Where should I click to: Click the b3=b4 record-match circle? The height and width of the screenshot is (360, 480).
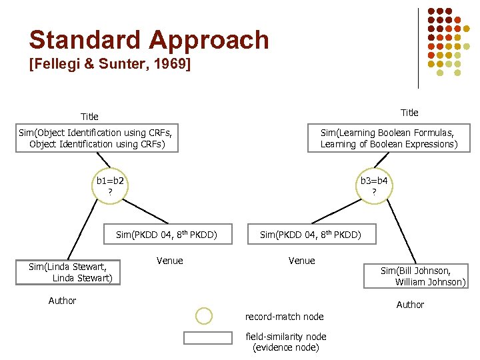click(x=374, y=186)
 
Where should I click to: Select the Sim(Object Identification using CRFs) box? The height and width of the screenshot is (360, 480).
click(x=97, y=139)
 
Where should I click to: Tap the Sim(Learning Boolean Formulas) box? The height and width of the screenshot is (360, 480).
click(x=389, y=139)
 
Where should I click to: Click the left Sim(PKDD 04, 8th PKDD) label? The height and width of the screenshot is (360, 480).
click(x=167, y=235)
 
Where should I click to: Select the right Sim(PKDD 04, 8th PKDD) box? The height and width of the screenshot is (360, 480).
click(x=311, y=235)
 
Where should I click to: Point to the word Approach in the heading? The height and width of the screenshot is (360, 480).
click(x=209, y=40)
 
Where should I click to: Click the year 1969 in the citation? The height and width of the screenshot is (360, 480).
click(x=170, y=65)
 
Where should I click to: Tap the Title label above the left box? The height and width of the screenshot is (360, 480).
click(x=89, y=117)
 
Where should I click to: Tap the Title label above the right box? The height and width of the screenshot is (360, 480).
click(x=409, y=112)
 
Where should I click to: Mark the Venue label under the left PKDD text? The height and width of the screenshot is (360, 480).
click(x=169, y=261)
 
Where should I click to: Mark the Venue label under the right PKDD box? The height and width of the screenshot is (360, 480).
click(x=301, y=261)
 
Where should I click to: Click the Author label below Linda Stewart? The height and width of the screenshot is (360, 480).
click(x=62, y=301)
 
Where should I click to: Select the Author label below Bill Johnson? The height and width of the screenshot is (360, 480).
click(x=410, y=305)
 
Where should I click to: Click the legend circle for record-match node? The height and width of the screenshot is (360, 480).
click(x=204, y=316)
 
